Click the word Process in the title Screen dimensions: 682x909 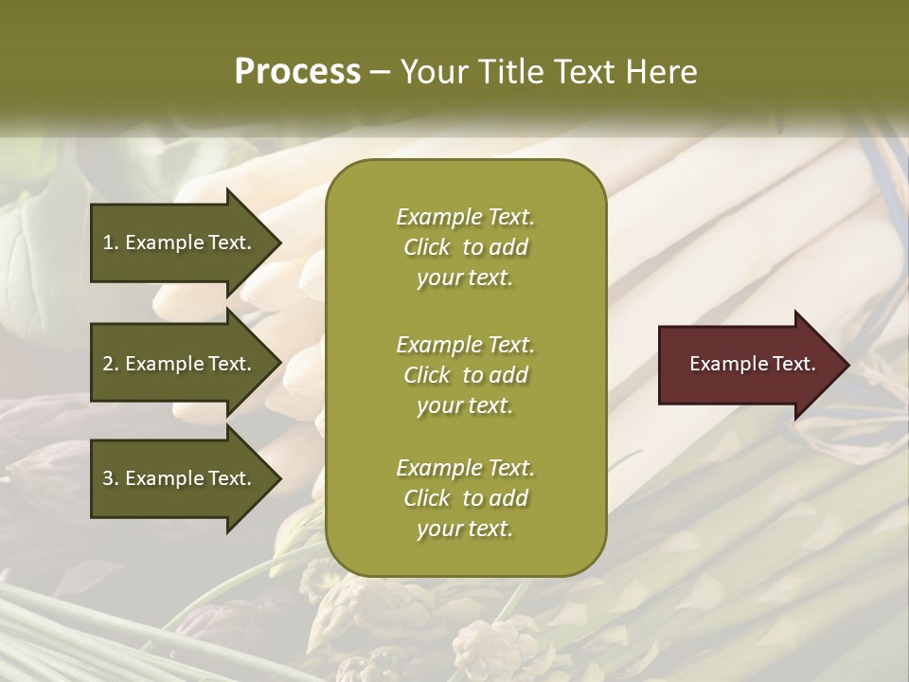[x=297, y=72]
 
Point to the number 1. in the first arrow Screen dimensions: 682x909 [x=111, y=242]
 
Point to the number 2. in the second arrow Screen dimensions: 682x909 [x=111, y=364]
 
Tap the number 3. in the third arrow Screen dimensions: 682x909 [x=111, y=478]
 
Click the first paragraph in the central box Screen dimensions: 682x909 [x=465, y=247]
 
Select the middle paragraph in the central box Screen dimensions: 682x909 [x=465, y=375]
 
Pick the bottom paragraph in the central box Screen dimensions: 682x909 [x=465, y=498]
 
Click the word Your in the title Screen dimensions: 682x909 [x=433, y=72]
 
